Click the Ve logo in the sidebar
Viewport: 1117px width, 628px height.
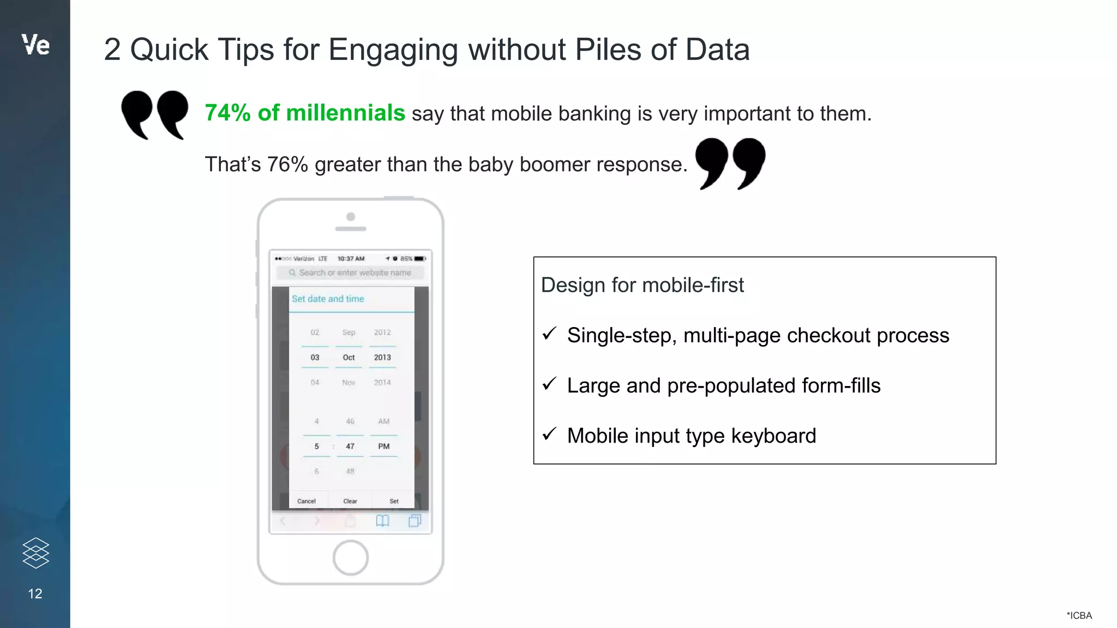click(35, 45)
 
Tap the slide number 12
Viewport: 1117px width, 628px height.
click(35, 594)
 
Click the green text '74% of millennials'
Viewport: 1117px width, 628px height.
click(305, 113)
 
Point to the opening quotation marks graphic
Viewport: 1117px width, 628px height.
click(154, 114)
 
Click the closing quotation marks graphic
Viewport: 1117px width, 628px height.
click(730, 163)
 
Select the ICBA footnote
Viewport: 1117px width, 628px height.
click(1079, 615)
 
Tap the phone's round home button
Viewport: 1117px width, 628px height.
click(350, 558)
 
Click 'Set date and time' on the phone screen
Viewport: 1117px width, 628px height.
click(328, 299)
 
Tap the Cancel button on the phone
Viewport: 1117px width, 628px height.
click(307, 501)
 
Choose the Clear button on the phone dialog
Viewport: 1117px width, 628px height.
click(350, 501)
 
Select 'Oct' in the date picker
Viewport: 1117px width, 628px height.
click(349, 358)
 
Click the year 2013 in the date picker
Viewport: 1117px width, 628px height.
click(382, 358)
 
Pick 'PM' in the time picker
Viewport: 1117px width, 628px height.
click(384, 446)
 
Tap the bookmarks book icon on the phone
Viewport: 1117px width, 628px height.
click(382, 521)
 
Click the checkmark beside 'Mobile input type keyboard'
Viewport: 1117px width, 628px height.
click(549, 434)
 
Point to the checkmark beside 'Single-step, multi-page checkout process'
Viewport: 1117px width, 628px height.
click(549, 334)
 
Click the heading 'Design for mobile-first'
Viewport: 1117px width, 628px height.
click(642, 285)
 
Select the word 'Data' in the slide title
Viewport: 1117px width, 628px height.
click(717, 50)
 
